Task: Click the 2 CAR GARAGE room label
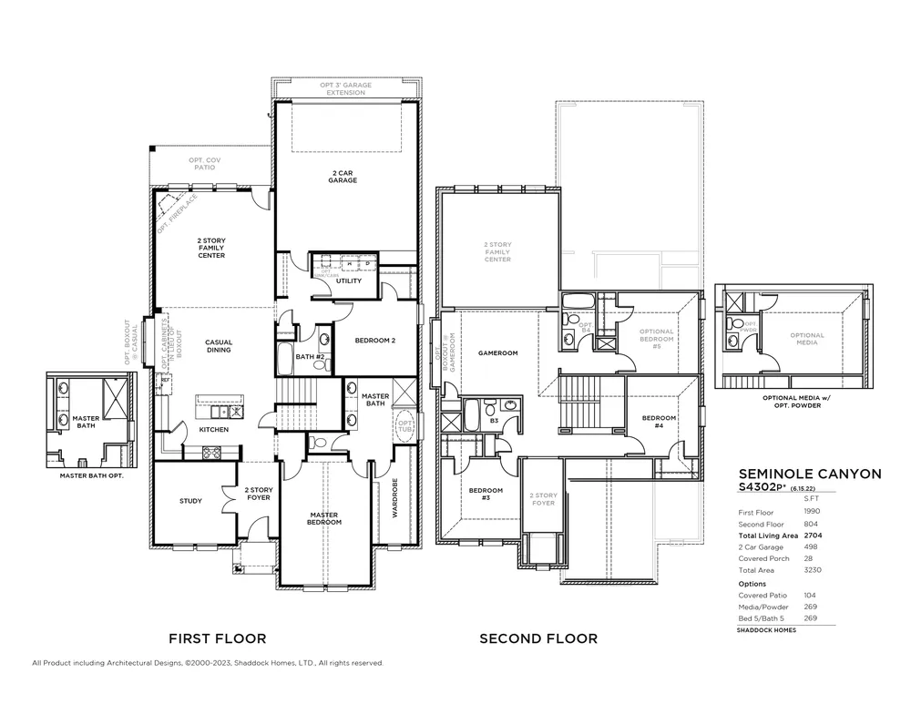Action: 343,176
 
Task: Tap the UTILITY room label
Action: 348,281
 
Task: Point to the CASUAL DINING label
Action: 219,346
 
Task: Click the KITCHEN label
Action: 213,429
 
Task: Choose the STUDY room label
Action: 190,501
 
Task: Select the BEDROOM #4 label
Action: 659,422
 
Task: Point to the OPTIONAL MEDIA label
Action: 807,339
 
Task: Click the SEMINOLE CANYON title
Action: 809,474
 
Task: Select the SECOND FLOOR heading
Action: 538,638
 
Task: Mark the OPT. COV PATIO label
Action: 205,164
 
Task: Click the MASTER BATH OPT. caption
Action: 90,475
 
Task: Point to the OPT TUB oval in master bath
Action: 404,427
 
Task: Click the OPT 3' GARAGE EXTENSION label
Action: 343,88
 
